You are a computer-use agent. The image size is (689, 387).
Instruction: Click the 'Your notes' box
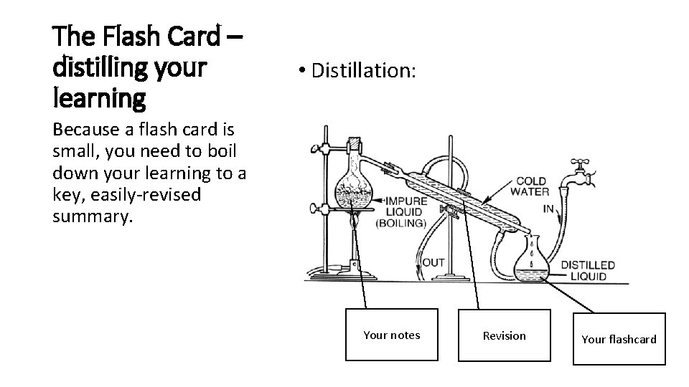[x=391, y=335]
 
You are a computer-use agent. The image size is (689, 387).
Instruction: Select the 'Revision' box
[x=504, y=335]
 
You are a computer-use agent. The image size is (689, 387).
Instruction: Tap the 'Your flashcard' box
[x=619, y=339]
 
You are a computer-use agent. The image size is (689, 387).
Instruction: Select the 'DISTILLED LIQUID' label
[x=588, y=271]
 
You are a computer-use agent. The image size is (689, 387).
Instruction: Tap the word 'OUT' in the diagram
[x=433, y=262]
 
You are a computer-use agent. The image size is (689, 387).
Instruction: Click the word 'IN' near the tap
[x=548, y=209]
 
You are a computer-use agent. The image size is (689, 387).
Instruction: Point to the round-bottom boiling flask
[x=355, y=188]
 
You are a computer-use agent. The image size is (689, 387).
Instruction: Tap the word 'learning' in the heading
[x=99, y=98]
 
